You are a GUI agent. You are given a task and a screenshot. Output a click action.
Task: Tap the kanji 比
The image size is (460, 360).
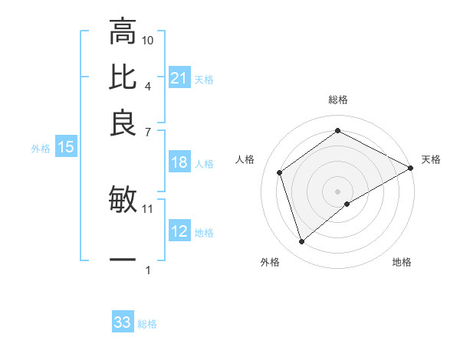[x=123, y=77]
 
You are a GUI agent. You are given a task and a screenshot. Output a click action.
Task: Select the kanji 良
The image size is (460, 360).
[x=123, y=122]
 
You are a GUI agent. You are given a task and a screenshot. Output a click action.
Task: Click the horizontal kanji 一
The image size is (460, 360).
[x=123, y=260]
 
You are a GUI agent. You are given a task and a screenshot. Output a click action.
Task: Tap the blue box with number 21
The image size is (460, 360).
[x=179, y=78]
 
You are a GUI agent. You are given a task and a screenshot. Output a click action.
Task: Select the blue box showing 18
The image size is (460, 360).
[x=179, y=162]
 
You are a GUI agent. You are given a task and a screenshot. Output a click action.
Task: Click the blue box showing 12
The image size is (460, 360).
[x=179, y=231]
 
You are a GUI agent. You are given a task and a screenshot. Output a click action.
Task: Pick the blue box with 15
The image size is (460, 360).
[x=65, y=147]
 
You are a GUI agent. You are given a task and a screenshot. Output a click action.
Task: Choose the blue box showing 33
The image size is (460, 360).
[x=123, y=322]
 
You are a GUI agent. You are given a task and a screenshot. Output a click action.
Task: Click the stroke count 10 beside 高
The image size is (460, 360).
[x=148, y=40]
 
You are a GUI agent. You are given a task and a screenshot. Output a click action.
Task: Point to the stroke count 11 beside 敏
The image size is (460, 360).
[x=148, y=208]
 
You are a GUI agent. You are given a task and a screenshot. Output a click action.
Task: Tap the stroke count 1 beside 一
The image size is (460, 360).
[x=147, y=270]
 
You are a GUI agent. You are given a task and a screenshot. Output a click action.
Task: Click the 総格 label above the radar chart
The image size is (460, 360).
[x=338, y=100]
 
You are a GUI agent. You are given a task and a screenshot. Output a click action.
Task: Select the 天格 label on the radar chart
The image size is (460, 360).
[x=431, y=159]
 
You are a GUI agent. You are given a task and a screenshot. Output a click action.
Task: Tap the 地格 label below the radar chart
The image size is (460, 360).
[x=402, y=262]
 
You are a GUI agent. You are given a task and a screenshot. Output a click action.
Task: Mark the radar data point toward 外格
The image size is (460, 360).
[x=301, y=242]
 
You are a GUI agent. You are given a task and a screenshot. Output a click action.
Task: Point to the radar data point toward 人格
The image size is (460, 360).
[x=280, y=172]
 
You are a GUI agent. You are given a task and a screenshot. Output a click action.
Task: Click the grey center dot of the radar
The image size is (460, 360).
[x=338, y=191]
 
